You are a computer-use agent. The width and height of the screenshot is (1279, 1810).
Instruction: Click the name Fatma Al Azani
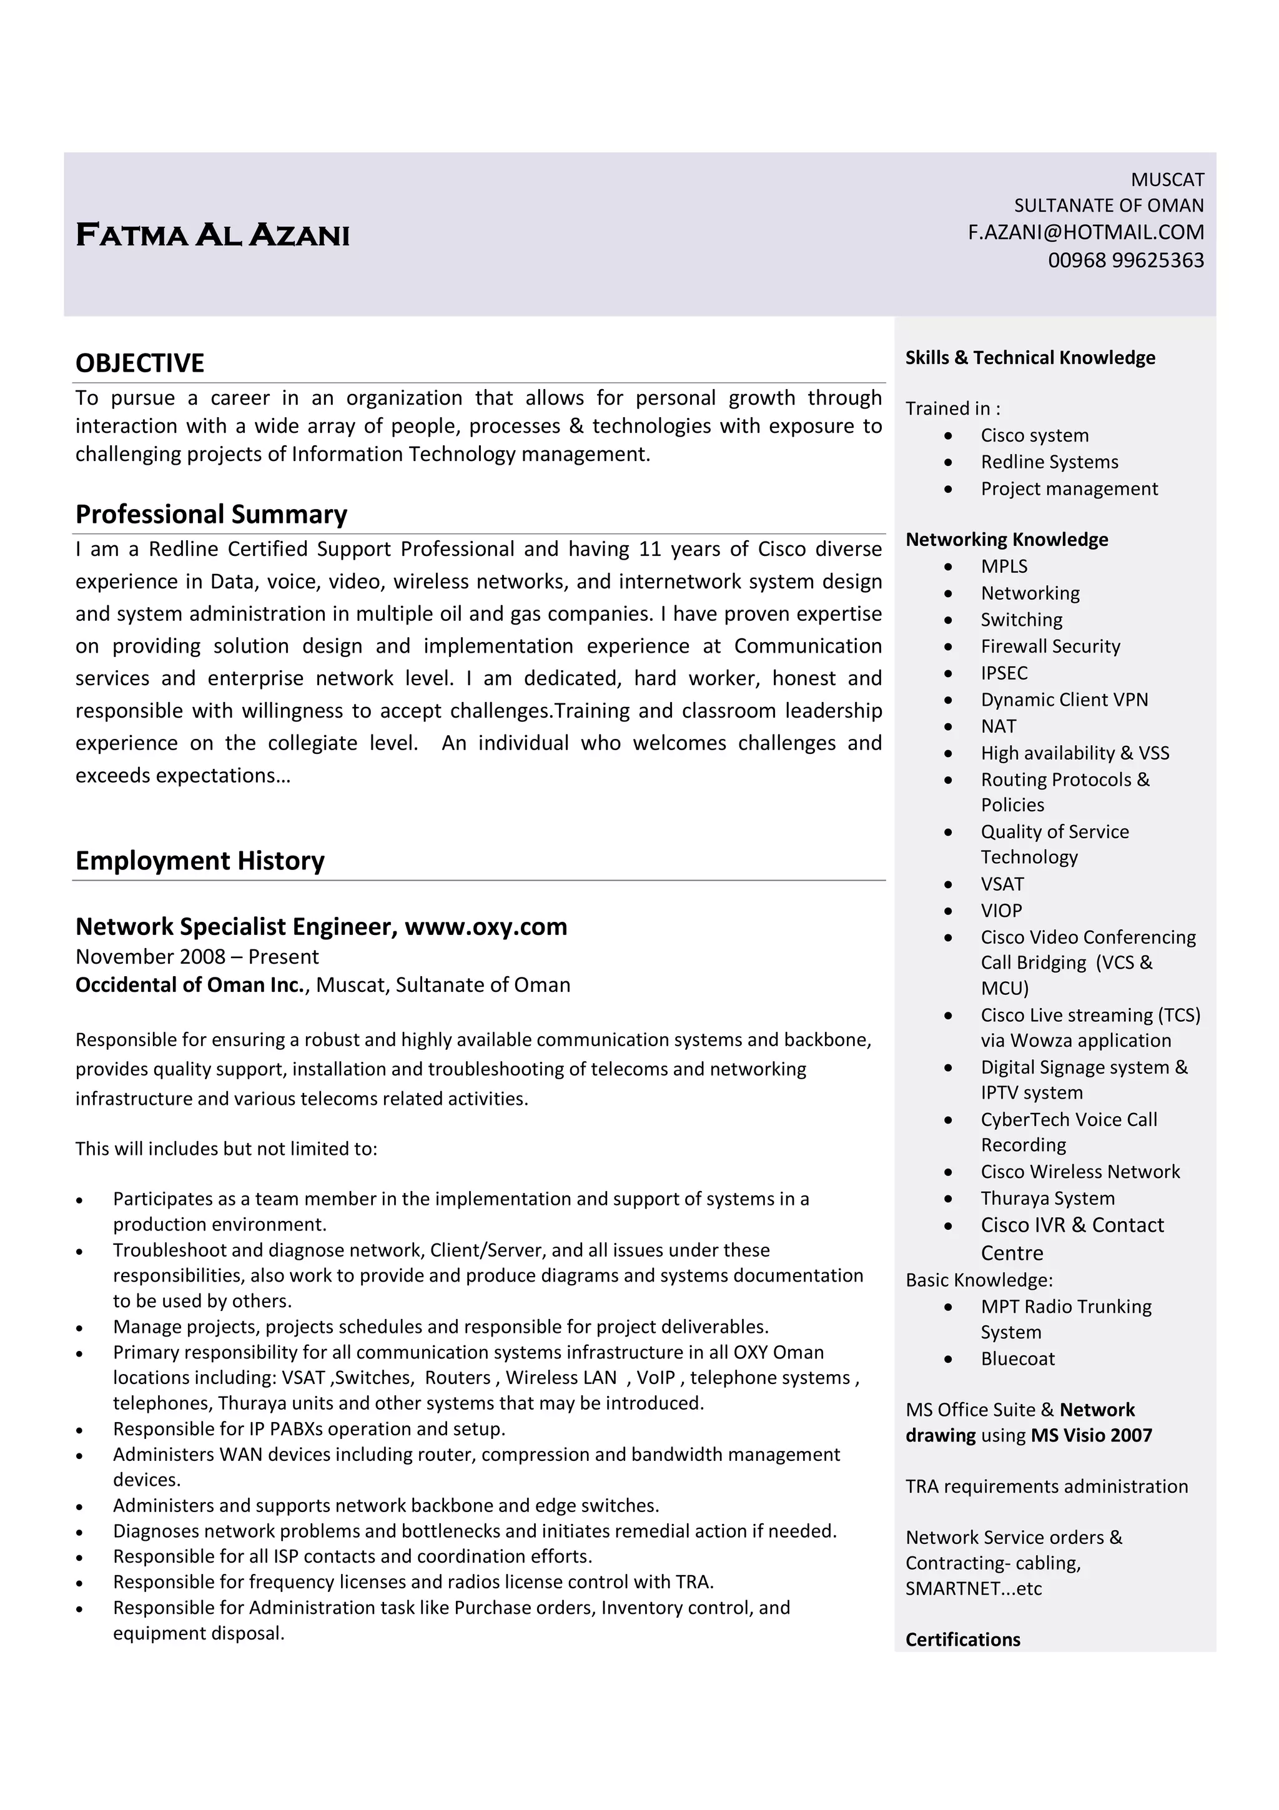(x=212, y=235)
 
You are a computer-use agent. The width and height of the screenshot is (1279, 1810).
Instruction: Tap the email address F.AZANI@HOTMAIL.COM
(x=1085, y=232)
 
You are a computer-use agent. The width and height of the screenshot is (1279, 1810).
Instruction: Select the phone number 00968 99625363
(x=1125, y=260)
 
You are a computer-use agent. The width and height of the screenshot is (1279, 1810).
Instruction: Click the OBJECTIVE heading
(x=139, y=363)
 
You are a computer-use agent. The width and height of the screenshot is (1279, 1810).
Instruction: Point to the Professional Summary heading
(x=211, y=514)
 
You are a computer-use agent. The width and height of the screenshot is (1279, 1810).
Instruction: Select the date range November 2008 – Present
(x=197, y=956)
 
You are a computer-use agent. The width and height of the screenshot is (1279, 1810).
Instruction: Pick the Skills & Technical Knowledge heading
(x=1030, y=358)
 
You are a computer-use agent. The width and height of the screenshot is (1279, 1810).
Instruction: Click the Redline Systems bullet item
(x=1049, y=462)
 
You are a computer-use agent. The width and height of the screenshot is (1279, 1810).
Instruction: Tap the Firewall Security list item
(x=1050, y=646)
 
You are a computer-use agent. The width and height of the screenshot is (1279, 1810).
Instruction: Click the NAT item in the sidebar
(x=999, y=726)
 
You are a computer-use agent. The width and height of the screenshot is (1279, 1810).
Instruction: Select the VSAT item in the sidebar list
(x=1002, y=884)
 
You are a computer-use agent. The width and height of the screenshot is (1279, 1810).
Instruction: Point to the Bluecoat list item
(x=1017, y=1358)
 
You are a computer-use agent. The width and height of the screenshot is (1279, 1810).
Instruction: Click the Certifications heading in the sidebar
(x=962, y=1639)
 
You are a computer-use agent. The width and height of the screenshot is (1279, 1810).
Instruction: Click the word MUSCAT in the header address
(x=1167, y=180)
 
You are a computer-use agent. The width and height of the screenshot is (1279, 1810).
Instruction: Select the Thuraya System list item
(x=1047, y=1199)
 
